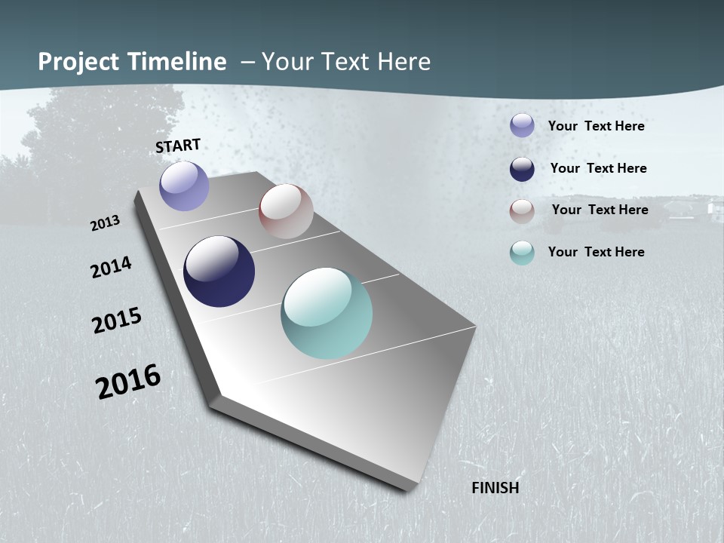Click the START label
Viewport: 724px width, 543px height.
click(x=178, y=146)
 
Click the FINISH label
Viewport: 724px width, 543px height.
click(x=495, y=488)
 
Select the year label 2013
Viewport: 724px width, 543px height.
click(x=105, y=223)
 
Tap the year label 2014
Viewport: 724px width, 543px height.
click(x=111, y=268)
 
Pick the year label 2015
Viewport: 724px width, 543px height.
click(x=117, y=321)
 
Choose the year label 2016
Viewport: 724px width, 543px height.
click(x=128, y=382)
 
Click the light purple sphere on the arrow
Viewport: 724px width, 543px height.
click(x=184, y=186)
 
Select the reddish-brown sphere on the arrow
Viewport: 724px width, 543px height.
click(x=286, y=211)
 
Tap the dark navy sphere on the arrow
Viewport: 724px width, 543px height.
click(x=219, y=271)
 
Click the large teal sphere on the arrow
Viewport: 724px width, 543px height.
click(x=327, y=313)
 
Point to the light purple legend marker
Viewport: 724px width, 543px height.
click(x=522, y=125)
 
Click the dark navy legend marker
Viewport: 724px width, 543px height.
click(x=522, y=169)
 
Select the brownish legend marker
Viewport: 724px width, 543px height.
click(x=522, y=211)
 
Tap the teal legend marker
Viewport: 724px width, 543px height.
click(x=522, y=253)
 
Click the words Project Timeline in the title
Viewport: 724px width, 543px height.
click(x=132, y=62)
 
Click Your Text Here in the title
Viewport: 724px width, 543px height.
click(x=346, y=62)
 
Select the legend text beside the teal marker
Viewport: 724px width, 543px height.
click(x=596, y=252)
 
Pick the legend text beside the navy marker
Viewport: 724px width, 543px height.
click(x=598, y=168)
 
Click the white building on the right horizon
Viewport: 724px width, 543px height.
click(x=713, y=207)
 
